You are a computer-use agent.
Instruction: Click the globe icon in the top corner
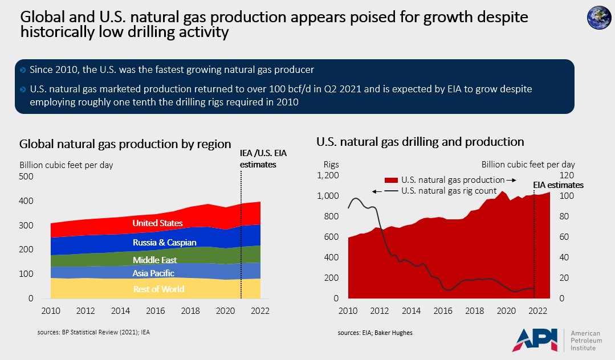598,18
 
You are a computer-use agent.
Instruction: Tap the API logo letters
536,339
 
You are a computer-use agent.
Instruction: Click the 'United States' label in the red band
158,223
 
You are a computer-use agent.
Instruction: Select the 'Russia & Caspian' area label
165,243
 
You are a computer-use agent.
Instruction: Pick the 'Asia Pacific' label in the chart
154,273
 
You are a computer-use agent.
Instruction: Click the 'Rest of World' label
158,289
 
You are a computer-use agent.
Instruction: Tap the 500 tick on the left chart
27,177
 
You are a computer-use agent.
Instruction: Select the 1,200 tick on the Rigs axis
328,175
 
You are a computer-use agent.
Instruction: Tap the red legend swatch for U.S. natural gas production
391,180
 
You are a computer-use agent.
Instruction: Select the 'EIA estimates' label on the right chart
558,185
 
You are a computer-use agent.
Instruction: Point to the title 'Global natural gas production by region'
125,144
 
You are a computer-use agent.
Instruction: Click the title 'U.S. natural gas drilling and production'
420,142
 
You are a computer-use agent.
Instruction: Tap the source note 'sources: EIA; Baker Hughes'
374,332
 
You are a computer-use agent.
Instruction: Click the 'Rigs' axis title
331,165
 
